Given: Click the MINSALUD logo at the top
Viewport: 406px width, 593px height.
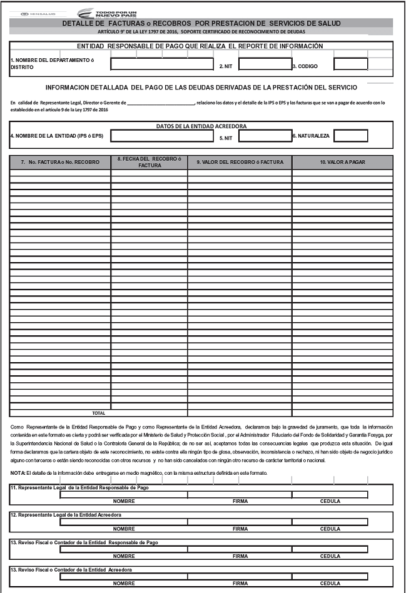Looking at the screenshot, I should tap(33, 13).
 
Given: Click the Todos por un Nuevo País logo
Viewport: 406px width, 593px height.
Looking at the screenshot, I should tap(106, 13).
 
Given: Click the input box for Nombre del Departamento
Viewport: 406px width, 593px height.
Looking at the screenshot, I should tap(162, 64).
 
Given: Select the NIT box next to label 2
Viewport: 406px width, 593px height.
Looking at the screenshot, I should tap(265, 64).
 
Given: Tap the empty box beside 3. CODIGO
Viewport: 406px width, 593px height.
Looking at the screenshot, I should tap(350, 64).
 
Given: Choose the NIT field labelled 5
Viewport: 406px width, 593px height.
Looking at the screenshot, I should tap(265, 135).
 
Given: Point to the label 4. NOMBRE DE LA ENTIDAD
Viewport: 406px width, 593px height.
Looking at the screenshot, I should tap(57, 135).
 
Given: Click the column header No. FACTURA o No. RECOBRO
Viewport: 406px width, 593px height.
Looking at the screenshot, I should tap(60, 162).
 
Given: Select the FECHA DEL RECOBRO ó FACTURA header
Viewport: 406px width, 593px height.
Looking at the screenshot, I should tap(149, 162).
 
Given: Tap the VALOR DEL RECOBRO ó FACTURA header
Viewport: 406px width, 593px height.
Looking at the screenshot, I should tap(240, 162).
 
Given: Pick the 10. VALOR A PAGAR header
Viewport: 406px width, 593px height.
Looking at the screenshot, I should tap(342, 162).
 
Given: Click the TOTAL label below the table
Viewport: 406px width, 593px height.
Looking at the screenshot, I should tap(98, 413).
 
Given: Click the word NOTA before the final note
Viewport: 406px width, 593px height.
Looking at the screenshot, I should tap(18, 472).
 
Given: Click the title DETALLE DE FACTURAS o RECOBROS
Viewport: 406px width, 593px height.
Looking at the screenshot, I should tap(201, 23).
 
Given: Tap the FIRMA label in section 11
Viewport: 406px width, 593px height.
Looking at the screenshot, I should tap(240, 501).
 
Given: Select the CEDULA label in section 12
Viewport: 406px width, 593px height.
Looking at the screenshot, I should tap(330, 529).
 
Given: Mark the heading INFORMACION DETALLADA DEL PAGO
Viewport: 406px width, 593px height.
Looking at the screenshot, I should tap(201, 88).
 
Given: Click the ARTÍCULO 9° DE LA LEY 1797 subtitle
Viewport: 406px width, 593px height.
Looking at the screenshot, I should tap(201, 31).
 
